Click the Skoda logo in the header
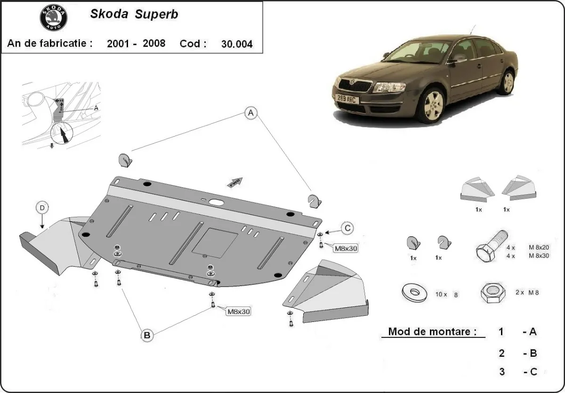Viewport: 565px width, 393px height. pyautogui.click(x=53, y=17)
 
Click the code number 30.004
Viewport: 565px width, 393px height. pyautogui.click(x=236, y=44)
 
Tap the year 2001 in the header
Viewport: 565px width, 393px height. pyautogui.click(x=117, y=44)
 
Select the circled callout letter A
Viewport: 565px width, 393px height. pyautogui.click(x=251, y=112)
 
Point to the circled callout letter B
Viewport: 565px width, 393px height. pyautogui.click(x=147, y=335)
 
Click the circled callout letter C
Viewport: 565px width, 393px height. pyautogui.click(x=347, y=228)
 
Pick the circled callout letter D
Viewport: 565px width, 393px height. pyautogui.click(x=42, y=208)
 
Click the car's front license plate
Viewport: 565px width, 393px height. pyautogui.click(x=347, y=99)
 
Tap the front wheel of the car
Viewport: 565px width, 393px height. pyautogui.click(x=433, y=106)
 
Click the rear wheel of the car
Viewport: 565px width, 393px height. pyautogui.click(x=508, y=82)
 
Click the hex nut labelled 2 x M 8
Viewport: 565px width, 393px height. pyautogui.click(x=492, y=293)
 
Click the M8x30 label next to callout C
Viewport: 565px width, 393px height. pyautogui.click(x=346, y=248)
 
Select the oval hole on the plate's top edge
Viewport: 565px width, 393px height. pyautogui.click(x=217, y=202)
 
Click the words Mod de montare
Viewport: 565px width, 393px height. pyautogui.click(x=429, y=331)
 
